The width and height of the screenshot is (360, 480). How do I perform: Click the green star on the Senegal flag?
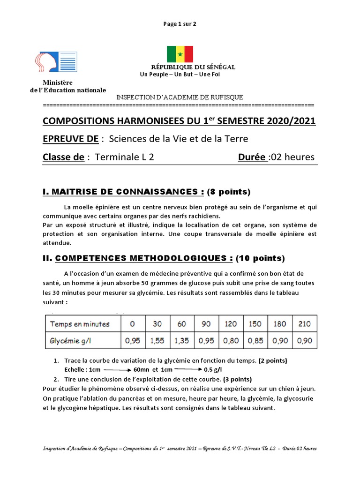[180, 54]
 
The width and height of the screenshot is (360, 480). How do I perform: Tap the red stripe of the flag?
[188, 54]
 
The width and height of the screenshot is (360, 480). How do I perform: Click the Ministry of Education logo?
[56, 62]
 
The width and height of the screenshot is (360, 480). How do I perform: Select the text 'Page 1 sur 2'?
[180, 24]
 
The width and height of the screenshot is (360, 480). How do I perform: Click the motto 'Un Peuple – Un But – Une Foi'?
[180, 74]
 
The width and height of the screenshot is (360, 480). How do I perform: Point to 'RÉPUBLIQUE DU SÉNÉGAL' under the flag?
[193, 67]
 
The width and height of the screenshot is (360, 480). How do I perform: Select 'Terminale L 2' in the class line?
[124, 157]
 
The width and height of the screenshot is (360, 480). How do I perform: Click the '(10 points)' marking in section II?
[260, 258]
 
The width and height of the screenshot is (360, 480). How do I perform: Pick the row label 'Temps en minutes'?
[80, 324]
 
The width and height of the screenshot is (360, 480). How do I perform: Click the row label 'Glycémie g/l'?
[71, 341]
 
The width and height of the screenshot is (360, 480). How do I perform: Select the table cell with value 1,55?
[157, 341]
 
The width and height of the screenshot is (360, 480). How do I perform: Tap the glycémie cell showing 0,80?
[231, 341]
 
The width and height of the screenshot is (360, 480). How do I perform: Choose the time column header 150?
[255, 324]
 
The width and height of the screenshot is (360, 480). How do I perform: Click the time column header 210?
[305, 324]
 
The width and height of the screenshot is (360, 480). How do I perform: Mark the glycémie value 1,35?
[182, 341]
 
